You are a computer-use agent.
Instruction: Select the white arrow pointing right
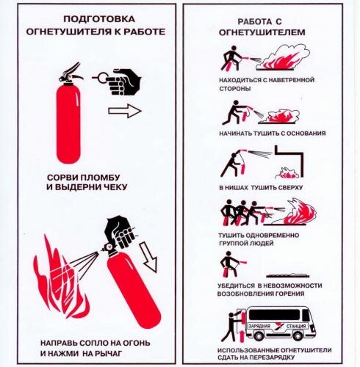pyautogui.click(x=123, y=112)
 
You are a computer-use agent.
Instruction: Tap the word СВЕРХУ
pyautogui.click(x=287, y=188)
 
